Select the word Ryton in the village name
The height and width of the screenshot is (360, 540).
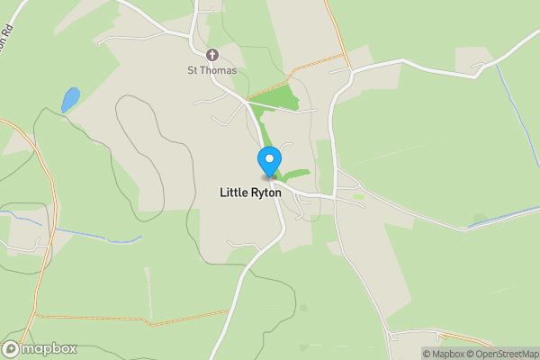pyautogui.click(x=274, y=193)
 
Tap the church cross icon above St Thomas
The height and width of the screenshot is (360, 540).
pyautogui.click(x=212, y=54)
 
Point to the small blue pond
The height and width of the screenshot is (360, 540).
pyautogui.click(x=69, y=99)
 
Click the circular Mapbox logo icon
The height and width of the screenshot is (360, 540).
pyautogui.click(x=11, y=349)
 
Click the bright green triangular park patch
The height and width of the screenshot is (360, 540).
pyautogui.click(x=274, y=99)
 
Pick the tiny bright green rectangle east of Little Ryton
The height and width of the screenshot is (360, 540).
pyautogui.click(x=358, y=195)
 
